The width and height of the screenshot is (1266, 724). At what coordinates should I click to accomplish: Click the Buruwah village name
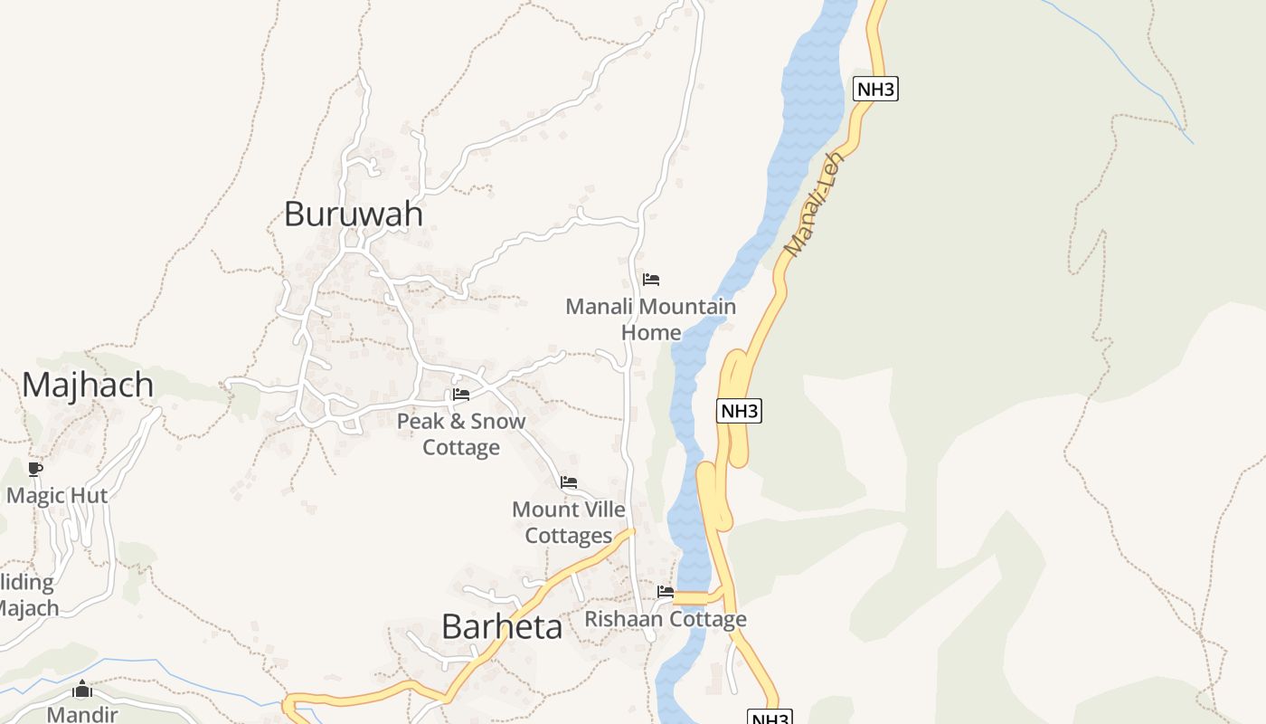[x=354, y=214]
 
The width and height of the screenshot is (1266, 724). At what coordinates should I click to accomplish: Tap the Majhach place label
[x=88, y=386]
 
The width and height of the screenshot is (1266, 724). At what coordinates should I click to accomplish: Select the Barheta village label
[x=502, y=626]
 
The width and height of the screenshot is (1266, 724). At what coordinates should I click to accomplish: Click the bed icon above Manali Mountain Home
[x=651, y=280]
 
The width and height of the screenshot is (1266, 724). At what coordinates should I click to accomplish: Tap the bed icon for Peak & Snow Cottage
[x=461, y=395]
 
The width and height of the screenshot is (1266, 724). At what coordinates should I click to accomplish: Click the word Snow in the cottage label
[x=497, y=422]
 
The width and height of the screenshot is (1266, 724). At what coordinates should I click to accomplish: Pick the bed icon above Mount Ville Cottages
[x=569, y=482]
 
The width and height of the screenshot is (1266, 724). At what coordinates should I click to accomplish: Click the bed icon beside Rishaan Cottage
[x=666, y=593]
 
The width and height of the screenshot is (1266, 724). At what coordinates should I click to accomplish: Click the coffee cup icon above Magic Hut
[x=35, y=469]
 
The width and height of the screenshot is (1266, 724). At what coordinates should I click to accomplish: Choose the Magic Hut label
[x=57, y=496]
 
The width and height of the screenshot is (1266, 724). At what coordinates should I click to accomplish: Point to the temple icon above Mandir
[x=82, y=691]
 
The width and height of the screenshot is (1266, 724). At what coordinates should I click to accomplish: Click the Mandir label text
[x=82, y=715]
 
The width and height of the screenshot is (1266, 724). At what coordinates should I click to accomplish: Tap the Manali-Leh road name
[x=814, y=205]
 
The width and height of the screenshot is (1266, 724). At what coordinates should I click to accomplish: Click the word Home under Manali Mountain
[x=651, y=333]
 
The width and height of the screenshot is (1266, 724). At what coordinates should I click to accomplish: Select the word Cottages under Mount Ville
[x=569, y=536]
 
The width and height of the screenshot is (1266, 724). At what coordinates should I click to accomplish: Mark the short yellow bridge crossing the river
[x=691, y=597]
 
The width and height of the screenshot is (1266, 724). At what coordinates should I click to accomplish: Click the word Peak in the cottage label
[x=420, y=422]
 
